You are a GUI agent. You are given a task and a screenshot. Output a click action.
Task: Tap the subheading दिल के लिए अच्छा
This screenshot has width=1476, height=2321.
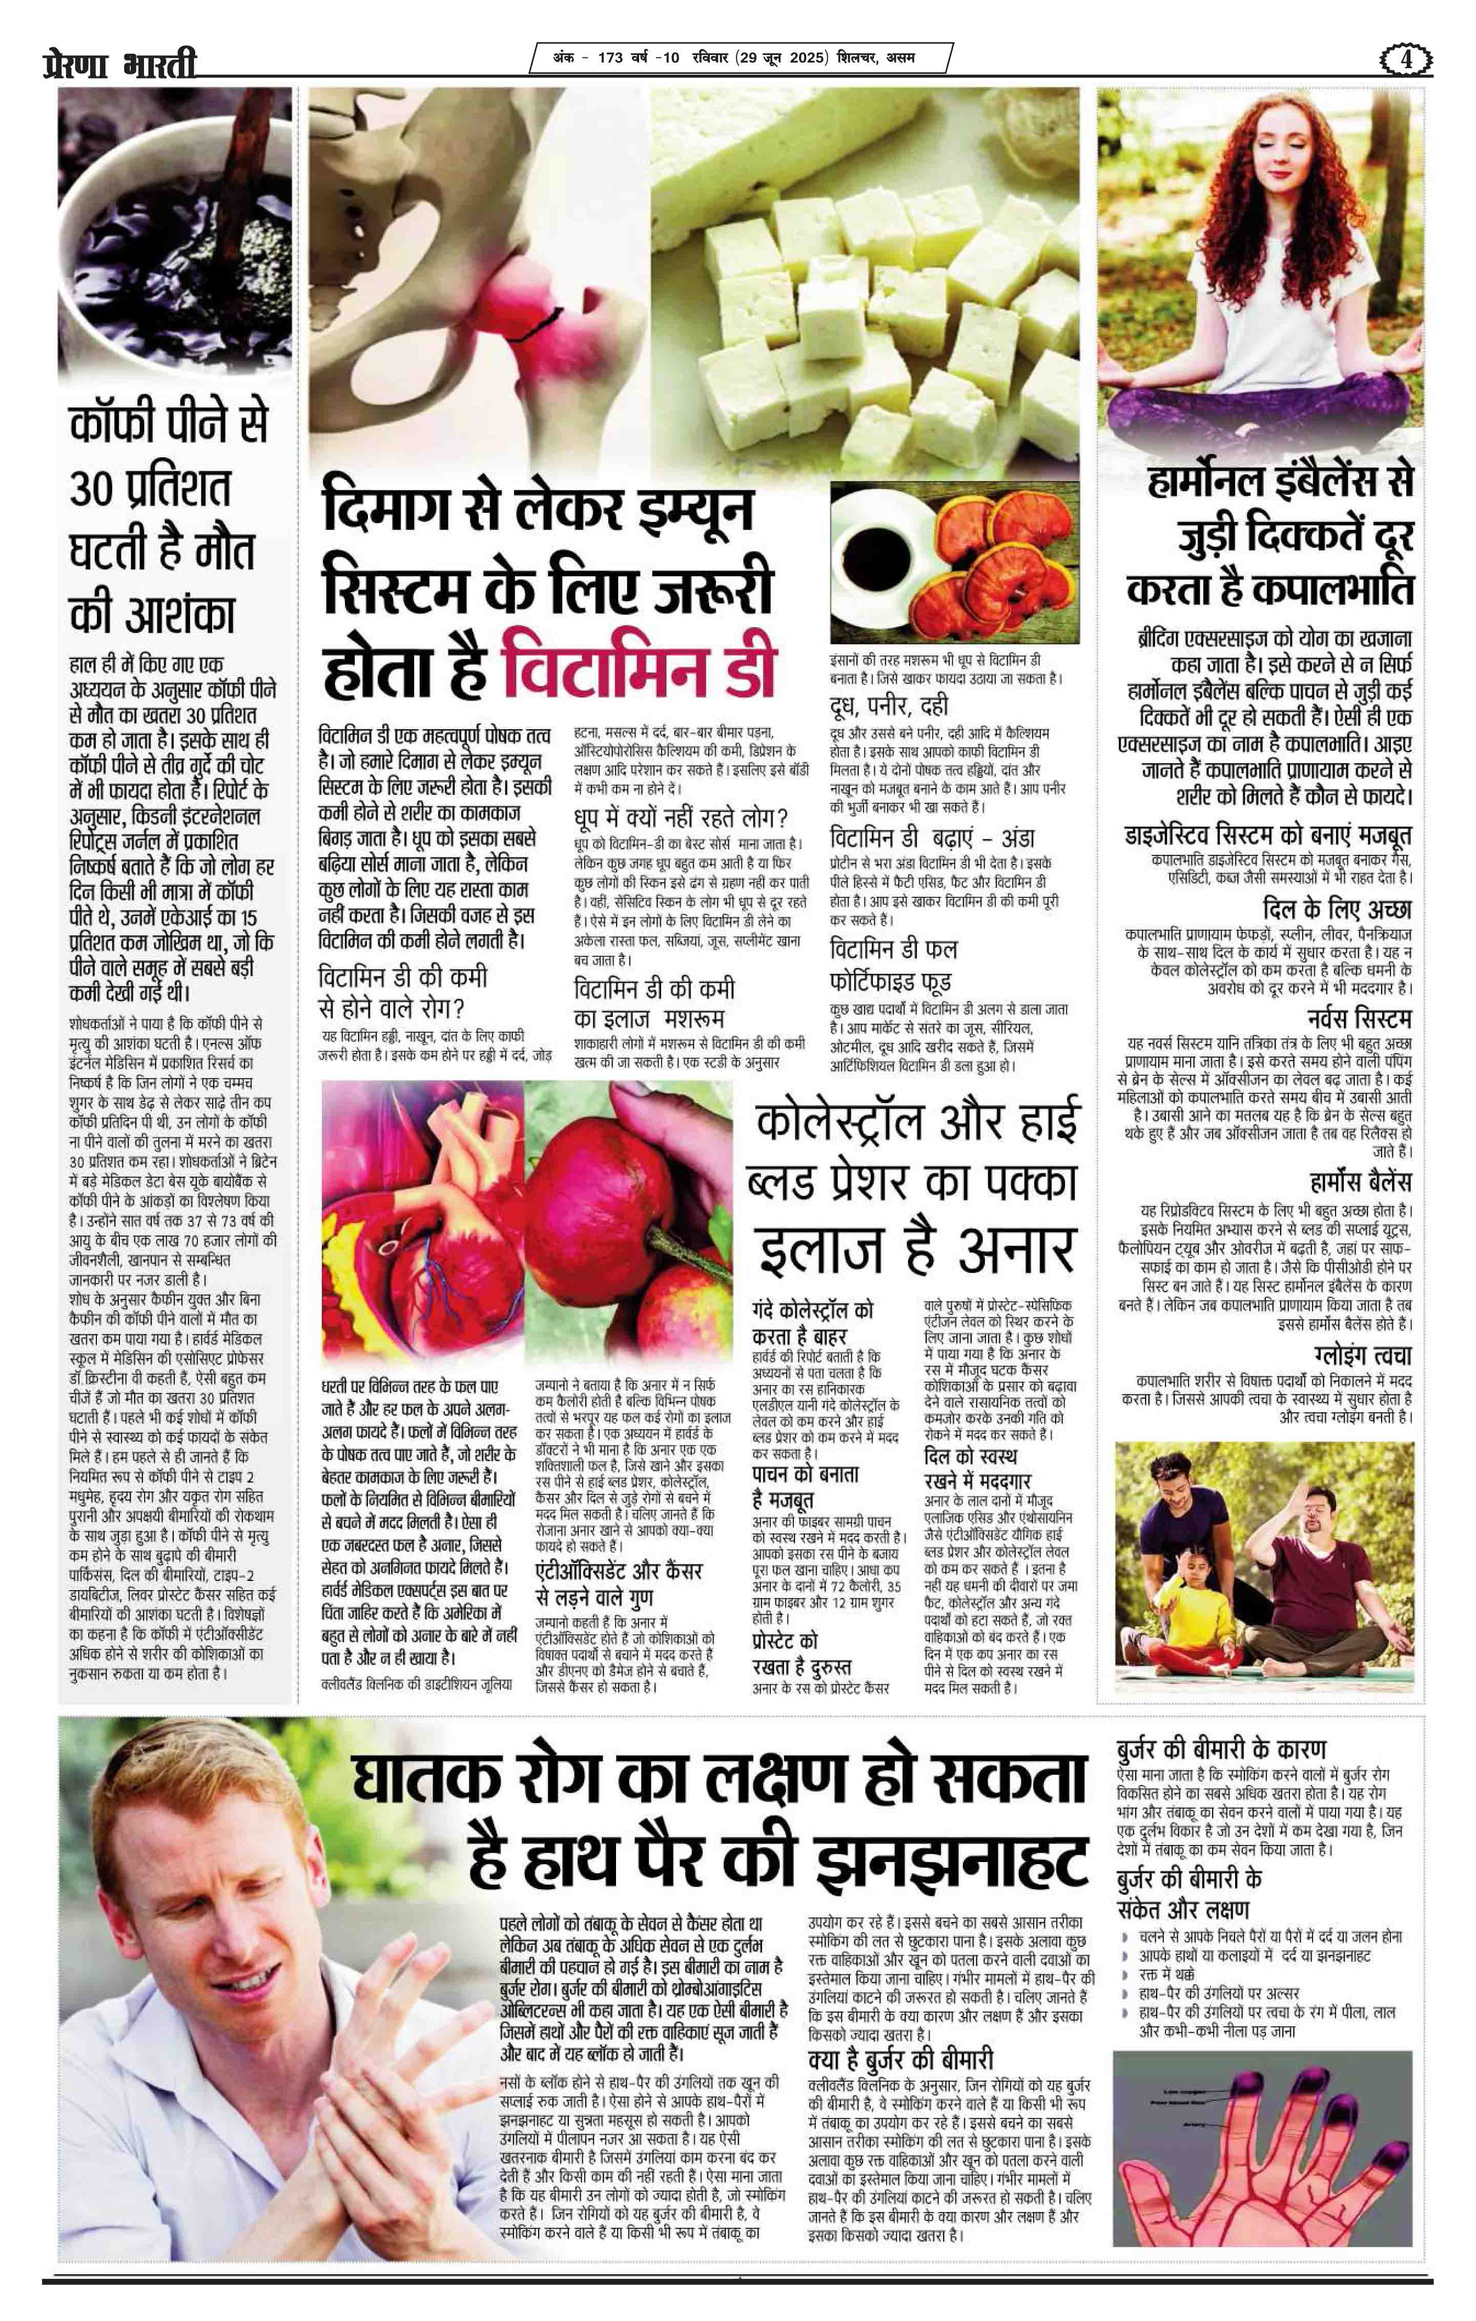click(x=1336, y=909)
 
